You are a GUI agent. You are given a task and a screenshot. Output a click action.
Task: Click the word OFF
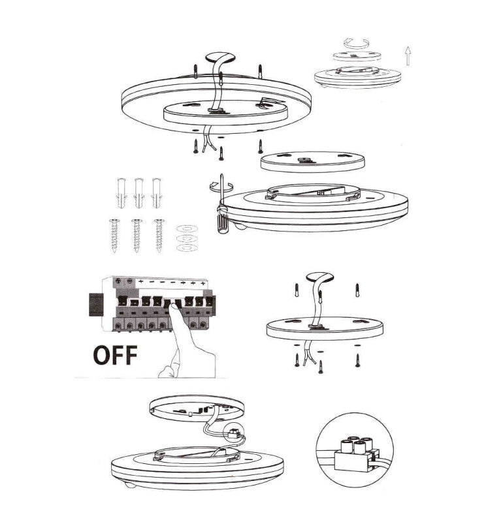[115, 355]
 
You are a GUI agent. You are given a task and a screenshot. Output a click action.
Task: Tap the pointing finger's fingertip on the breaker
[173, 307]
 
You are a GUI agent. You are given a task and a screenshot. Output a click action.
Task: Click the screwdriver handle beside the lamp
[221, 221]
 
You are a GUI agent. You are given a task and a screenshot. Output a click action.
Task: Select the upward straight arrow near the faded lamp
[408, 56]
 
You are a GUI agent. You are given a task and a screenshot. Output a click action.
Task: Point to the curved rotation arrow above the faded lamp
[356, 43]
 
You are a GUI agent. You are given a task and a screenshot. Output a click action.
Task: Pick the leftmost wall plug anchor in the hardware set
[121, 192]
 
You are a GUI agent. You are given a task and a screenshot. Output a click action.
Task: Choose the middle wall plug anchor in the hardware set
[139, 192]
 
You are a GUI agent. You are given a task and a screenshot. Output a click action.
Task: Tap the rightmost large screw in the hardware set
[159, 235]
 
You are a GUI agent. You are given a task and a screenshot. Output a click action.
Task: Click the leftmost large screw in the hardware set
[114, 235]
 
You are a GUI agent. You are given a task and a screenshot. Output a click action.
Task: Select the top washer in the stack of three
[187, 228]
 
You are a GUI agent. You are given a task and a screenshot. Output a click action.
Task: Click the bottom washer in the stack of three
[187, 248]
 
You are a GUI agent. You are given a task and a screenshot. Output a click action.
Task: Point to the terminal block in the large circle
[356, 453]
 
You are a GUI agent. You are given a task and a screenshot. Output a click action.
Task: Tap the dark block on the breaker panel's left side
[95, 304]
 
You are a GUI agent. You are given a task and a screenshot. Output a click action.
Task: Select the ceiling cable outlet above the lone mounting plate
[319, 277]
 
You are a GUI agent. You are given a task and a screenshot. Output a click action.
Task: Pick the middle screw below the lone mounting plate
[320, 366]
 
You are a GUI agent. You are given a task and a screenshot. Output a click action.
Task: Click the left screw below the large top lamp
[196, 147]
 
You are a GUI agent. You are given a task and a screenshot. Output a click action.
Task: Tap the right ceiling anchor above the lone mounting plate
[357, 290]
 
